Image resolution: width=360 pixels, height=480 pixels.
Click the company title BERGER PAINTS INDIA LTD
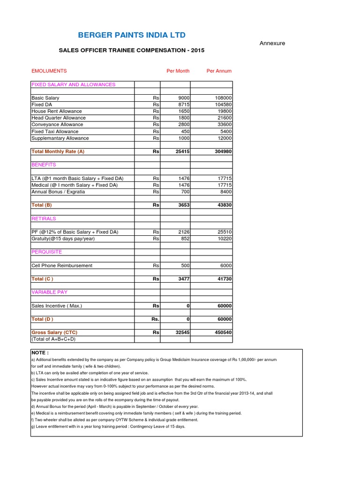pyautogui.click(x=132, y=35)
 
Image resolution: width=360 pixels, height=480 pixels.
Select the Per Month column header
pyautogui.click(x=178, y=71)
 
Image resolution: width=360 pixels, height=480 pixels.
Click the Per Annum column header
pyautogui.click(x=219, y=71)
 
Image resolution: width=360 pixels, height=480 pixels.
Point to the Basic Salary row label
pyautogui.click(x=45, y=98)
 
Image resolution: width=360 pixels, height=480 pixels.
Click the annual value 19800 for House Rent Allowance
pyautogui.click(x=223, y=112)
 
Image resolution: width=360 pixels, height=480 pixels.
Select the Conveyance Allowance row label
pyautogui.click(x=57, y=125)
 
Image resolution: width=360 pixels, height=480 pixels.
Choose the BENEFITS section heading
pyautogui.click(x=44, y=165)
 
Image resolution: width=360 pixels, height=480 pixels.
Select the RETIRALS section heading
pyautogui.click(x=44, y=218)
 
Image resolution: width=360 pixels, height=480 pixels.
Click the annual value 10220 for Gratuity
pyautogui.click(x=223, y=239)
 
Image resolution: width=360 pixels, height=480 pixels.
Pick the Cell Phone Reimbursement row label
pyautogui.click(x=62, y=265)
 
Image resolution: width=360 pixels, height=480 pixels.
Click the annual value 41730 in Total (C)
pyautogui.click(x=223, y=279)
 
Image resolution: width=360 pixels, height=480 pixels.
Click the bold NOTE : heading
pyautogui.click(x=40, y=352)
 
